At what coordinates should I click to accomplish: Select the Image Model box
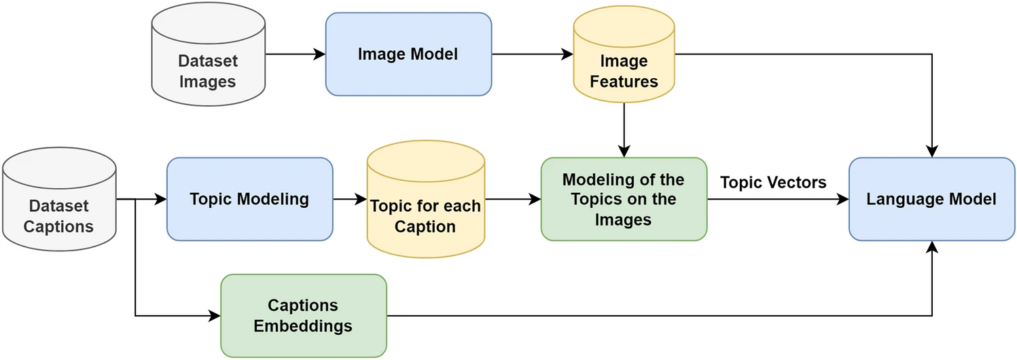pos(408,54)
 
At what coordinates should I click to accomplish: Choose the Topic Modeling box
pos(249,199)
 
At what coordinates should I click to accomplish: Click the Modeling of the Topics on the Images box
pos(624,199)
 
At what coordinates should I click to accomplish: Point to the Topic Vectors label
pos(773,182)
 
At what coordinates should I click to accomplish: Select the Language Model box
pos(931,199)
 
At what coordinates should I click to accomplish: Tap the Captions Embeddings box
pos(303,316)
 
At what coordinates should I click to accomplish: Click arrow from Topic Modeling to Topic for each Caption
pos(349,200)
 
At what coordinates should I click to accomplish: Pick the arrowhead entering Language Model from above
pos(932,151)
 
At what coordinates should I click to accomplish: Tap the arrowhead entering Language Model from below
pos(932,247)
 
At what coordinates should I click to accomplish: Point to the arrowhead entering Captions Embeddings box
pos(214,316)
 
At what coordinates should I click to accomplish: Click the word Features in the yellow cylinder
pos(624,82)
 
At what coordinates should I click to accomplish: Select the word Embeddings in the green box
pos(303,326)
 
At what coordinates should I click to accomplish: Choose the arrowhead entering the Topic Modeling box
pos(160,200)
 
